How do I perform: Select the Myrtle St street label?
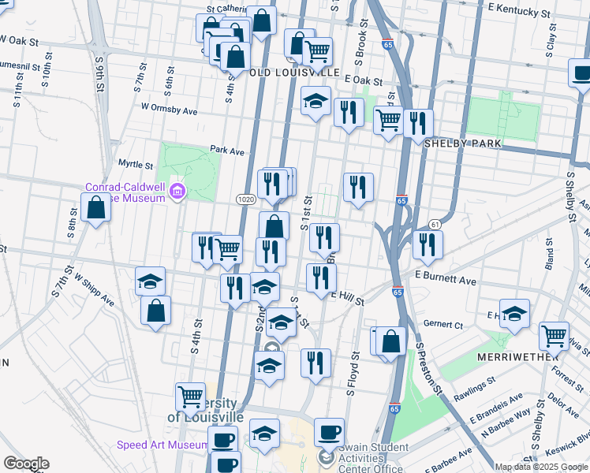pos(135,165)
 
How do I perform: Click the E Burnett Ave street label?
pos(446,280)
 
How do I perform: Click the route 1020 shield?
pos(245,199)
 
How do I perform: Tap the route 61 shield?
pos(434,225)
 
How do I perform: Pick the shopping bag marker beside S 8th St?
pos(95,209)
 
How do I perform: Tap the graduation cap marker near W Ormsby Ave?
pos(316,101)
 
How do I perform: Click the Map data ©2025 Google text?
pos(541,467)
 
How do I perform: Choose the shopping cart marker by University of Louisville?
pos(189,397)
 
